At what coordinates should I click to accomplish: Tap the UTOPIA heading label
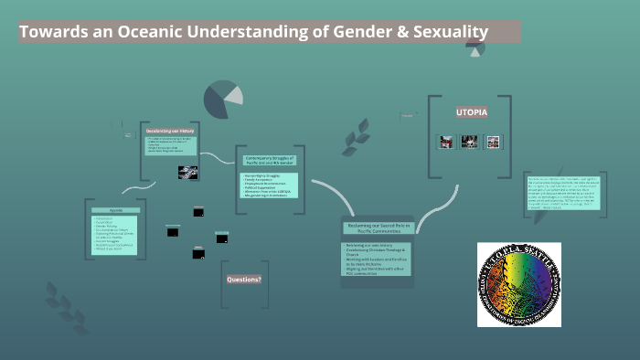coord(472,111)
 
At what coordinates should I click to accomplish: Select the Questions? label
coord(244,279)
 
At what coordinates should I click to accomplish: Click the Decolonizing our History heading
coord(170,131)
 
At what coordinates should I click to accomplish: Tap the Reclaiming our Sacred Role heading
coord(378,229)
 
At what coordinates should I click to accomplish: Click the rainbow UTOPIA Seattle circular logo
coord(518,284)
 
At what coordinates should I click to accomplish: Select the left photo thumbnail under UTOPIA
coord(446,142)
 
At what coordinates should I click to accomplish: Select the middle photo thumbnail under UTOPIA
coord(470,142)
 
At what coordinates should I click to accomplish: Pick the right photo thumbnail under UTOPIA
coord(494,142)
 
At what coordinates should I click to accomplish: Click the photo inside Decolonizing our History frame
coord(188,171)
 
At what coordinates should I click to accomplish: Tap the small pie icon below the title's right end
coord(475,49)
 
